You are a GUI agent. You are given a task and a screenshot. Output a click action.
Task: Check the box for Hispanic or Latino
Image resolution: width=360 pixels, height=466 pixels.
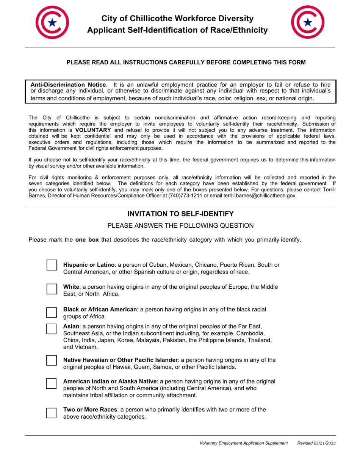pyautogui.click(x=52, y=265)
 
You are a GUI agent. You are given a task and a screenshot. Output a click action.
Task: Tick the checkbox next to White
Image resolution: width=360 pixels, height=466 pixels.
pyautogui.click(x=52, y=289)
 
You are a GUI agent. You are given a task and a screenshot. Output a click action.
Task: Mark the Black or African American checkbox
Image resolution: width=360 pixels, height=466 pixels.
pyautogui.click(x=52, y=313)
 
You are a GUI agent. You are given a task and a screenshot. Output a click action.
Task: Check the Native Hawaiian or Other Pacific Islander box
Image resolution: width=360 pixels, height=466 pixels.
pyautogui.click(x=52, y=360)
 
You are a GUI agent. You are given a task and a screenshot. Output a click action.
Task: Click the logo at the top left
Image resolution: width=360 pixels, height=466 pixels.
pyautogui.click(x=52, y=22)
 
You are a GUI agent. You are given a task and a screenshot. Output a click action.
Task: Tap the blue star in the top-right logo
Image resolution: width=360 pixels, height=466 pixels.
pyautogui.click(x=308, y=22)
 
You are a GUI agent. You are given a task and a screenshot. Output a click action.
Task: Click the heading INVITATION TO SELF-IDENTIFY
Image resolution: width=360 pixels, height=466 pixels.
pyautogui.click(x=180, y=214)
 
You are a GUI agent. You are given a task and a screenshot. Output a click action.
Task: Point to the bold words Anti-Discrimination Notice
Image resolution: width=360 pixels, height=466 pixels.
pyautogui.click(x=68, y=85)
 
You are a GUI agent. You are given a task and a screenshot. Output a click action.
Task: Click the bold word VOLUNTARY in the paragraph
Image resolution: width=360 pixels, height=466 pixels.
pyautogui.click(x=93, y=130)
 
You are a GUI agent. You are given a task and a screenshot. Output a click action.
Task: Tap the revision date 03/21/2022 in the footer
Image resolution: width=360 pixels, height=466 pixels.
pyautogui.click(x=324, y=443)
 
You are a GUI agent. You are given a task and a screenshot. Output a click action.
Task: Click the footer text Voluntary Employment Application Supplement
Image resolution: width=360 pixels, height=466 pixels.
pyautogui.click(x=244, y=443)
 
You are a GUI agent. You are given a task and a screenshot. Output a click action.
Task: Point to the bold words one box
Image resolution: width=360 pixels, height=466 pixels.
pyautogui.click(x=87, y=239)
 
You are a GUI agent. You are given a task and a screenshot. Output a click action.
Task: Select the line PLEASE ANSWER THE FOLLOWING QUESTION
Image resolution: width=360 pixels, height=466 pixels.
pyautogui.click(x=180, y=226)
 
